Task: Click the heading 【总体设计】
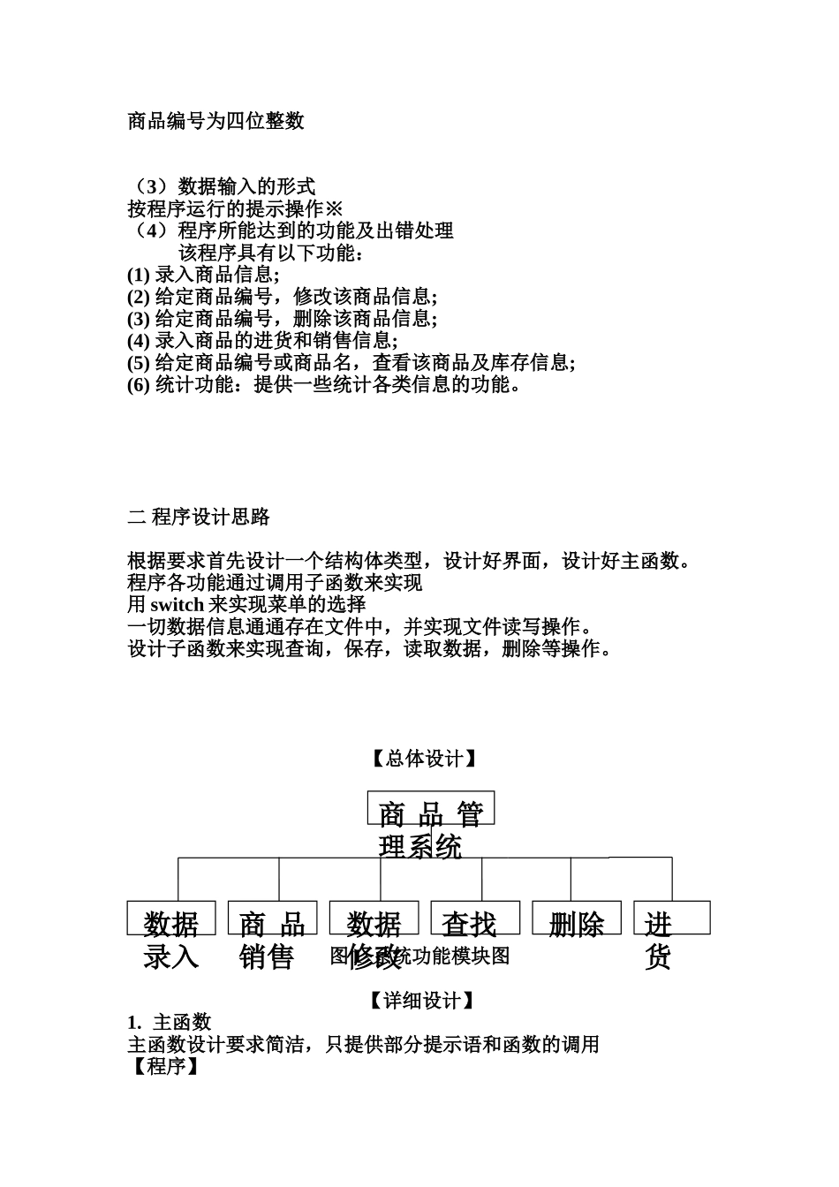pyautogui.click(x=423, y=759)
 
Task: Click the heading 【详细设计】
pyautogui.click(x=423, y=1000)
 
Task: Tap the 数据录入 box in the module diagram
pyautogui.click(x=171, y=919)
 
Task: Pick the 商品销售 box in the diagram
pyautogui.click(x=272, y=919)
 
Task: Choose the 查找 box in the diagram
pyautogui.click(x=468, y=919)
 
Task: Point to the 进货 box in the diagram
pyautogui.click(x=671, y=919)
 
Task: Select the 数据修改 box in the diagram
pyautogui.click(x=374, y=919)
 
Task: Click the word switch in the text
pyautogui.click(x=178, y=605)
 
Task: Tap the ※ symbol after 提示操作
pyautogui.click(x=334, y=208)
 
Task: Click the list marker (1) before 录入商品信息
pyautogui.click(x=139, y=274)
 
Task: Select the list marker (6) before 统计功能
pyautogui.click(x=139, y=384)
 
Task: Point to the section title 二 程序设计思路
pyautogui.click(x=199, y=517)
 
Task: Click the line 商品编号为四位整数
pyautogui.click(x=216, y=121)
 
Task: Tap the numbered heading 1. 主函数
pyautogui.click(x=170, y=1022)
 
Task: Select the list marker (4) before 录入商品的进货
pyautogui.click(x=139, y=340)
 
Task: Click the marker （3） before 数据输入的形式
pyautogui.click(x=151, y=186)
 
